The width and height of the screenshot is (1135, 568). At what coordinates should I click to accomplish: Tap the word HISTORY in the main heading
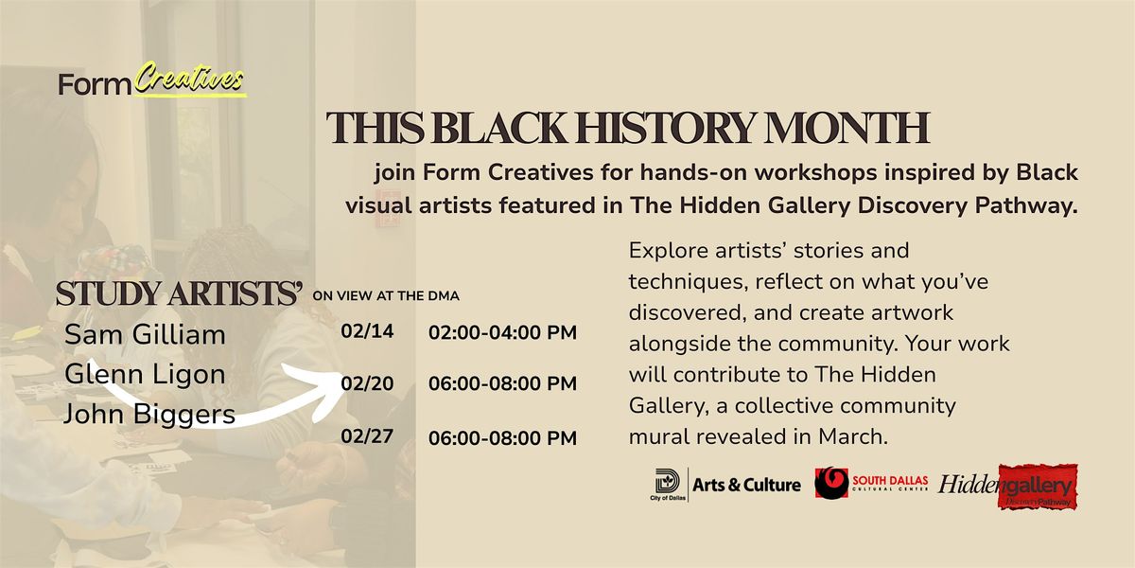coord(665,127)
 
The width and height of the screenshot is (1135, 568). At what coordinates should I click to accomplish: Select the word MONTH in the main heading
coord(847,127)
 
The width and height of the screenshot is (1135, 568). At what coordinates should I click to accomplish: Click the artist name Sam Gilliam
coord(145,335)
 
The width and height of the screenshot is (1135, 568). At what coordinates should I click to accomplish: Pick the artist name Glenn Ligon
coord(145,375)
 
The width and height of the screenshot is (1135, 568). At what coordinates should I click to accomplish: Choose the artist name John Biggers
coord(149,415)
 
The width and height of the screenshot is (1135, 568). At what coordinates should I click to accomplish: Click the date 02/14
coord(367,331)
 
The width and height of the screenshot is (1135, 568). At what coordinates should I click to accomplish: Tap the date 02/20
coord(367,384)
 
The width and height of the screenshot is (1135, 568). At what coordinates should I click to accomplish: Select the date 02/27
coord(367,436)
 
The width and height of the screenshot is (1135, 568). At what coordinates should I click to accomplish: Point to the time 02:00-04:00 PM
coord(502,332)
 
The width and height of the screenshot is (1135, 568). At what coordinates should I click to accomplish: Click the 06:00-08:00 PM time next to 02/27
coord(502,438)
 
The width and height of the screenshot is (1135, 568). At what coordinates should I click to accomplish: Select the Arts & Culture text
coord(746,485)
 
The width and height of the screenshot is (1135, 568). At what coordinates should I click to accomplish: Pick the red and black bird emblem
coord(831,484)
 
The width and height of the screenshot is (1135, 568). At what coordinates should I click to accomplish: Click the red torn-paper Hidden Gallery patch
coord(1039,487)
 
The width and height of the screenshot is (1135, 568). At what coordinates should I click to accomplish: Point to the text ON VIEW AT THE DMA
coord(386,296)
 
